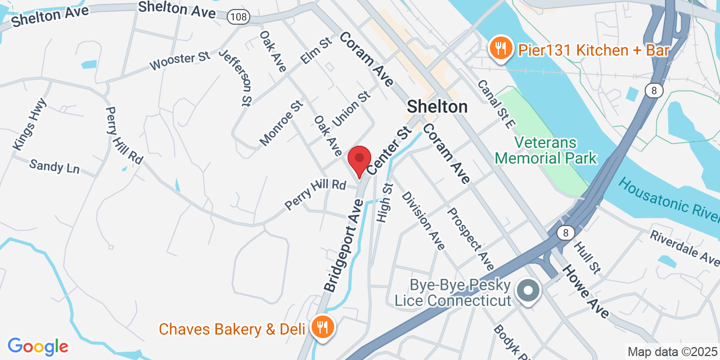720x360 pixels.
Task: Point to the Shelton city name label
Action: click(437, 106)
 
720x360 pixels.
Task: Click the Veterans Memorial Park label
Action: click(546, 150)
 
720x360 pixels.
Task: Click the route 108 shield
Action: click(238, 17)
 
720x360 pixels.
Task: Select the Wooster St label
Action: click(179, 61)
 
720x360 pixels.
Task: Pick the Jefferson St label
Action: click(235, 77)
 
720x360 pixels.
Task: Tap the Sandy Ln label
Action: click(55, 166)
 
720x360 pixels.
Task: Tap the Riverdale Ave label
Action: click(684, 247)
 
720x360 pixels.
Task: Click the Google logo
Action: click(38, 346)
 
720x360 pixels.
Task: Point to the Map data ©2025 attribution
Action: click(672, 352)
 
